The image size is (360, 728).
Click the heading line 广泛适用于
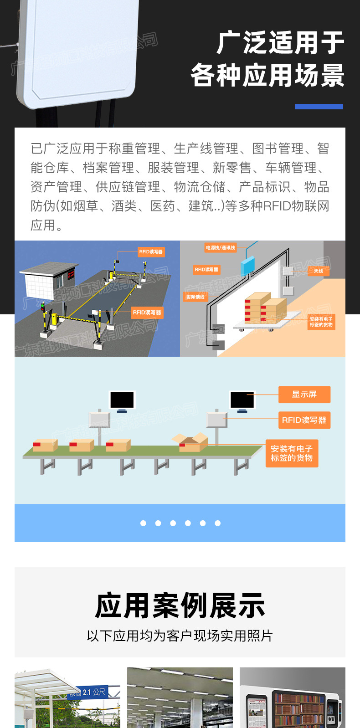280,43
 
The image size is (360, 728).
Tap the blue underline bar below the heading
319,107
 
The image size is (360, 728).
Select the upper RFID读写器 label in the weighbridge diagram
151,251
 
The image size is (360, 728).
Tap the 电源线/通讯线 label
220,248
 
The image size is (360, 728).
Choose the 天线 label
318,271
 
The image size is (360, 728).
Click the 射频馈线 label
195,297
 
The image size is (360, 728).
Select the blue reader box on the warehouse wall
247,265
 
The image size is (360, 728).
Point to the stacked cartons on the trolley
265,308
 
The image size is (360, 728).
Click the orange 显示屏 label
304,395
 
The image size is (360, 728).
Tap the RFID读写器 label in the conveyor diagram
304,420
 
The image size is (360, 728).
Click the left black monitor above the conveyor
122,400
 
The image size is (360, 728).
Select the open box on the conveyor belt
190,442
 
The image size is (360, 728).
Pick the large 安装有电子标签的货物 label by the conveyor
292,453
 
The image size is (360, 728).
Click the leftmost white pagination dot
143,523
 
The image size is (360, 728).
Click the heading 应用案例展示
180,606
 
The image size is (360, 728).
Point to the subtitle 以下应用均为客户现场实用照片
180,636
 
